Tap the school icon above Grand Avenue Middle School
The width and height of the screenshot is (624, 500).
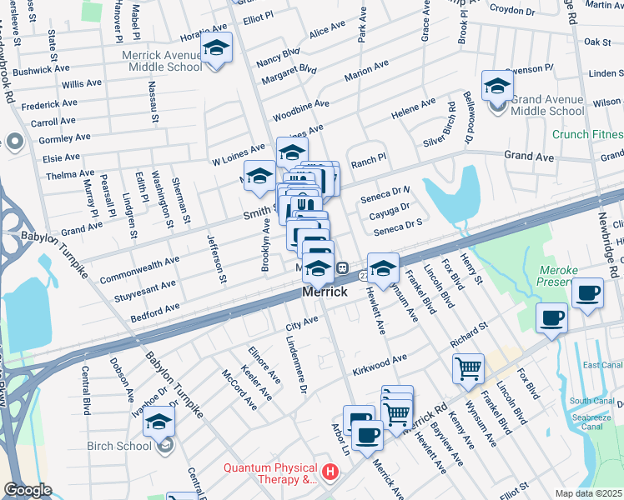(498, 86)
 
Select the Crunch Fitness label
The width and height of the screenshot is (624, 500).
(587, 134)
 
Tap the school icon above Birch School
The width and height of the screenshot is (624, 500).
(159, 424)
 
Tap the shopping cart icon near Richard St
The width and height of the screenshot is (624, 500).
(468, 367)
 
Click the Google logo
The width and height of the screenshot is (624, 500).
(28, 490)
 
